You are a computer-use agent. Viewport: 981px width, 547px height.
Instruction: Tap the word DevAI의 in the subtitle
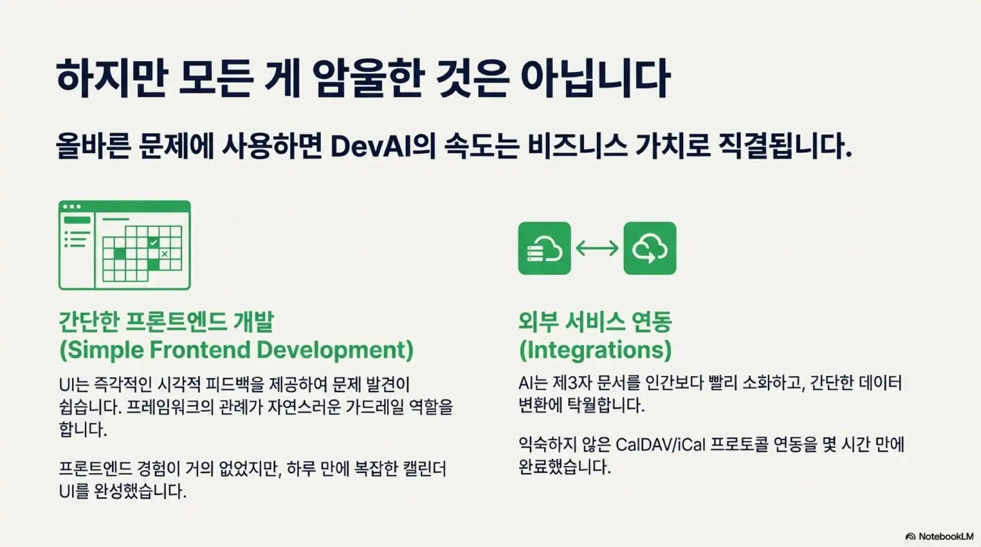[x=383, y=146]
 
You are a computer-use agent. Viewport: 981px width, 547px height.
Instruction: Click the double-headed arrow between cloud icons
[x=597, y=248]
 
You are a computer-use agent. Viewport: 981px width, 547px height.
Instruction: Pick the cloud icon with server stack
[x=544, y=248]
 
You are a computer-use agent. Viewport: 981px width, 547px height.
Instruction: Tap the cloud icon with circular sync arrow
[x=650, y=248]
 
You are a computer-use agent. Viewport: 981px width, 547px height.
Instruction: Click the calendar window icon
[x=125, y=245]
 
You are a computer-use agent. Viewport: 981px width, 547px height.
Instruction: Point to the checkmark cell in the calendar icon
[x=153, y=243]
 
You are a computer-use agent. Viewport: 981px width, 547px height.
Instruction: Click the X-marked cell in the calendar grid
[x=165, y=254]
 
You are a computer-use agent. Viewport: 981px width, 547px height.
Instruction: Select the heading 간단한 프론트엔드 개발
[x=167, y=321]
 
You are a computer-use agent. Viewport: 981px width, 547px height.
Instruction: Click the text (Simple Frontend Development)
[x=237, y=350]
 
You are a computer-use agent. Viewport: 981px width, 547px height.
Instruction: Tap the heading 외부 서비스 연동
[x=595, y=321]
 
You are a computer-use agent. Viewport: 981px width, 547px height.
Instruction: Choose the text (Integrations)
[x=595, y=350]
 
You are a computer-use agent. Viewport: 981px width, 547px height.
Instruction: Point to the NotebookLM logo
[x=939, y=536]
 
